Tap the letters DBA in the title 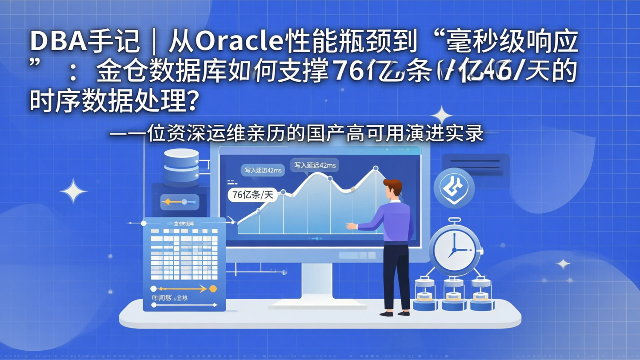pos(57,42)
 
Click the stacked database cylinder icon pos(181,167)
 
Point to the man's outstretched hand pos(351,226)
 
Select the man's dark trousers pos(396,276)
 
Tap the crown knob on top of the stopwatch pos(454,220)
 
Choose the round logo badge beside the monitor pos(454,188)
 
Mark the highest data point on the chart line pos(376,168)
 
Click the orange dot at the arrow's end pos(213,289)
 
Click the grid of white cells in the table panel pos(184,253)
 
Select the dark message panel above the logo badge pos(475,164)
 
